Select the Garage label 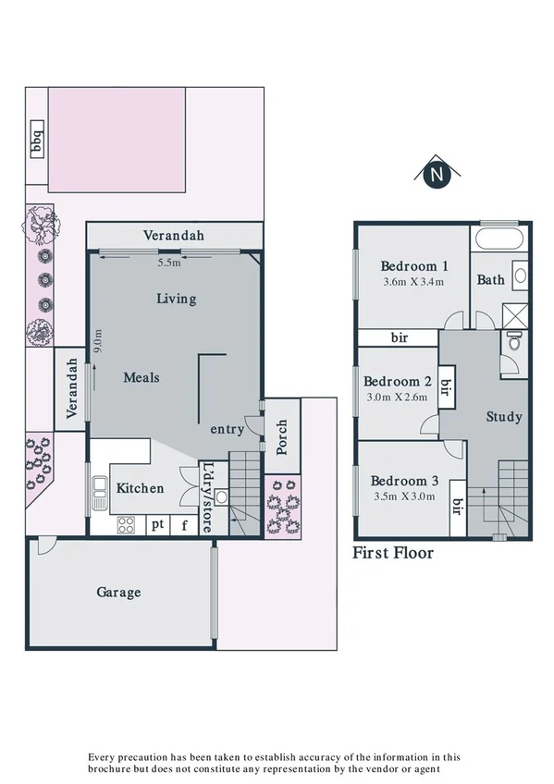(119, 592)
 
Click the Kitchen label (140, 488)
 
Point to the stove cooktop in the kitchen (127, 525)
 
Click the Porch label (282, 437)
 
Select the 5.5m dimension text (169, 263)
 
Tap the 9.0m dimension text (97, 342)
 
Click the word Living (176, 298)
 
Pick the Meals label (142, 377)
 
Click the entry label (228, 429)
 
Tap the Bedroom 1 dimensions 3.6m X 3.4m (414, 282)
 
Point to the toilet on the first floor (514, 343)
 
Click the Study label (504, 417)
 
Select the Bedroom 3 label (405, 481)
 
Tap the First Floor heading (393, 554)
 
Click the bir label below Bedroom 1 (400, 338)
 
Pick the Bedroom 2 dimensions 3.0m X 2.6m (398, 398)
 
